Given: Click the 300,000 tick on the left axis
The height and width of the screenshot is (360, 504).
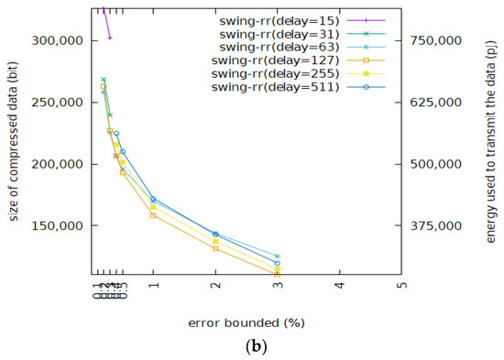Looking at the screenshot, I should coord(58,41).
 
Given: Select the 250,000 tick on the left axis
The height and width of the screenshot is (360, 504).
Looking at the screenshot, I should coord(58,103).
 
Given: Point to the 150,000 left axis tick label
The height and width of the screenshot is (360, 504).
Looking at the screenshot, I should coord(58,225).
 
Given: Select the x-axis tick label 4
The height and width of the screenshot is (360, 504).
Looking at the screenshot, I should coord(339,286).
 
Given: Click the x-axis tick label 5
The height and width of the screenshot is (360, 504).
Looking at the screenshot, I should coord(401,286).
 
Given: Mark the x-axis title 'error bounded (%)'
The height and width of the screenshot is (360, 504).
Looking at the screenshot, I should coord(247,322).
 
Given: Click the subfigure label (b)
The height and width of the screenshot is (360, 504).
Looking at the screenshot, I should coord(250,348).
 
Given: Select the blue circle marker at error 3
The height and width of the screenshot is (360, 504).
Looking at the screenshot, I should coord(277,264).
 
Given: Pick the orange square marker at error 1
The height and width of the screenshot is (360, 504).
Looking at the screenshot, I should coord(153,214).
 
